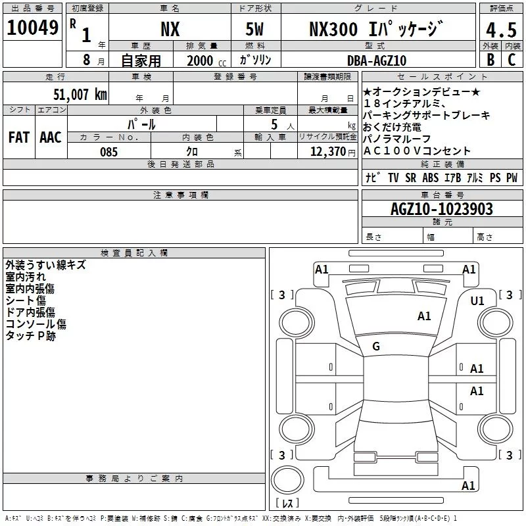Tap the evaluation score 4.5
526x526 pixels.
pyautogui.click(x=499, y=30)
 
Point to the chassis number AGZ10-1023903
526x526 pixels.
pyautogui.click(x=441, y=210)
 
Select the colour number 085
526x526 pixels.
pyautogui.click(x=108, y=152)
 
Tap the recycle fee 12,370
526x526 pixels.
pyautogui.click(x=327, y=152)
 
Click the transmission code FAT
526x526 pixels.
pyautogui.click(x=19, y=137)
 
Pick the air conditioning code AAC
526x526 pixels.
pyautogui.click(x=51, y=137)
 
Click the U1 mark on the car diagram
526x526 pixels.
pyautogui.click(x=477, y=301)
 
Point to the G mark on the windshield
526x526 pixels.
pyautogui.click(x=376, y=347)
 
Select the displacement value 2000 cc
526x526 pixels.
pyautogui.click(x=204, y=60)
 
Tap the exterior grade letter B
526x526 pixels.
pyautogui.click(x=490, y=60)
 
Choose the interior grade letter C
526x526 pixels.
pyautogui.click(x=512, y=60)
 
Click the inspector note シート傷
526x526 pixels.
pyautogui.click(x=26, y=300)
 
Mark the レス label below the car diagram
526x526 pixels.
pyautogui.click(x=287, y=504)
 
